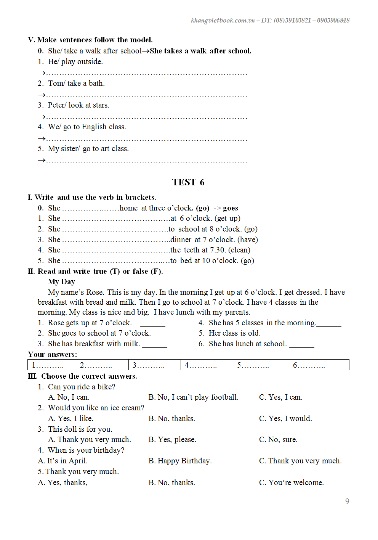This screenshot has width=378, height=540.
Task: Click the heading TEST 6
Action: click(188, 182)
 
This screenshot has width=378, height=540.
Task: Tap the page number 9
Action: click(347, 501)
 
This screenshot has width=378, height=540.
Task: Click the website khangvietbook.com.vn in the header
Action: click(223, 20)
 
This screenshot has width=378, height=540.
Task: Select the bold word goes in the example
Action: click(231, 208)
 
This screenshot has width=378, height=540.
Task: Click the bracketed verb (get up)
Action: click(227, 219)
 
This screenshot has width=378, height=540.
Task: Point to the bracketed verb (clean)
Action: click(239, 250)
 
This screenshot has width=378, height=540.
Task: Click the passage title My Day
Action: click(61, 282)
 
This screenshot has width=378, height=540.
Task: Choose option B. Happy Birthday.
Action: click(180, 461)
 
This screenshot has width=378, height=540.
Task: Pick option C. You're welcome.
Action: click(292, 483)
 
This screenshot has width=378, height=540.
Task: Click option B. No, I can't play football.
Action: click(193, 397)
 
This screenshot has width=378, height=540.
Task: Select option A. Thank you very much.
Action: click(90, 440)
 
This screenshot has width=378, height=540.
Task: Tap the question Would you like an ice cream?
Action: click(96, 408)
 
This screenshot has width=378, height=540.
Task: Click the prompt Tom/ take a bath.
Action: click(76, 84)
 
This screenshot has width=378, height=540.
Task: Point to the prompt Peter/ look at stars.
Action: click(78, 105)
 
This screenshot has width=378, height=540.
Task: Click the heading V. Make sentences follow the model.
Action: click(90, 40)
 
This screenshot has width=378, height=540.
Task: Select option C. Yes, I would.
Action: click(285, 419)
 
